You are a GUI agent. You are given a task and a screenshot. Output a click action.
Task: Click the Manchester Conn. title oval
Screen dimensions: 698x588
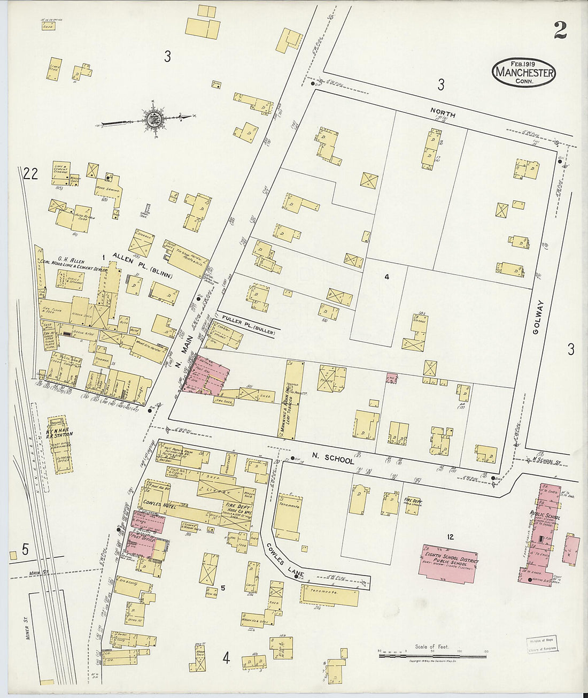click(524, 71)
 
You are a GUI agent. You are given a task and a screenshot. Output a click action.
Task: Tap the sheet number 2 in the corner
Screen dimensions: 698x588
click(560, 31)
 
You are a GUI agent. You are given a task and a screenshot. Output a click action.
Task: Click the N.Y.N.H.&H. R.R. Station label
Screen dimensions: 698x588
click(60, 430)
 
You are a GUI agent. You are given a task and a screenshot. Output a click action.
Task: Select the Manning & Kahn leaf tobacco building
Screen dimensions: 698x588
click(293, 398)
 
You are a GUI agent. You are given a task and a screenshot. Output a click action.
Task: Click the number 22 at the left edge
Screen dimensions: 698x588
click(30, 174)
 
